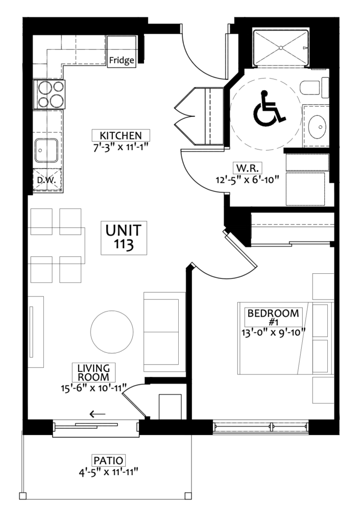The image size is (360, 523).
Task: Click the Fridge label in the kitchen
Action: (122, 60)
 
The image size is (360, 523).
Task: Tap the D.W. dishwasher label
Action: (46, 180)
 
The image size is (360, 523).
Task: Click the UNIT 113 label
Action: (124, 237)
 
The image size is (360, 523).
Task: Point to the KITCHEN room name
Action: (121, 135)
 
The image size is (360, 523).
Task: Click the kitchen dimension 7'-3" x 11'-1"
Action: (121, 147)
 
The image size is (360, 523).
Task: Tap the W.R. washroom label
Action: (247, 168)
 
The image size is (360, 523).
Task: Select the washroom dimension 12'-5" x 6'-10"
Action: (247, 179)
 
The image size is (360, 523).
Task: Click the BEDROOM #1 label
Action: (273, 317)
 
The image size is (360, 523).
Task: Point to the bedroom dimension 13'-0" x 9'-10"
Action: (274, 332)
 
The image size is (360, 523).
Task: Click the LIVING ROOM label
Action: (93, 372)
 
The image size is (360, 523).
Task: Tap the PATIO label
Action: (108, 461)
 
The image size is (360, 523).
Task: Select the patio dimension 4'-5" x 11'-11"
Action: (108, 472)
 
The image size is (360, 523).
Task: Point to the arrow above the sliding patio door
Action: (98, 414)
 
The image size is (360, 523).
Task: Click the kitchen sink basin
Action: (46, 151)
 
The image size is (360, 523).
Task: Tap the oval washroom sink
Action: (317, 127)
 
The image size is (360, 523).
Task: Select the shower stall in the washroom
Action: (281, 48)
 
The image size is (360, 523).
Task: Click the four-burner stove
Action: (50, 94)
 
